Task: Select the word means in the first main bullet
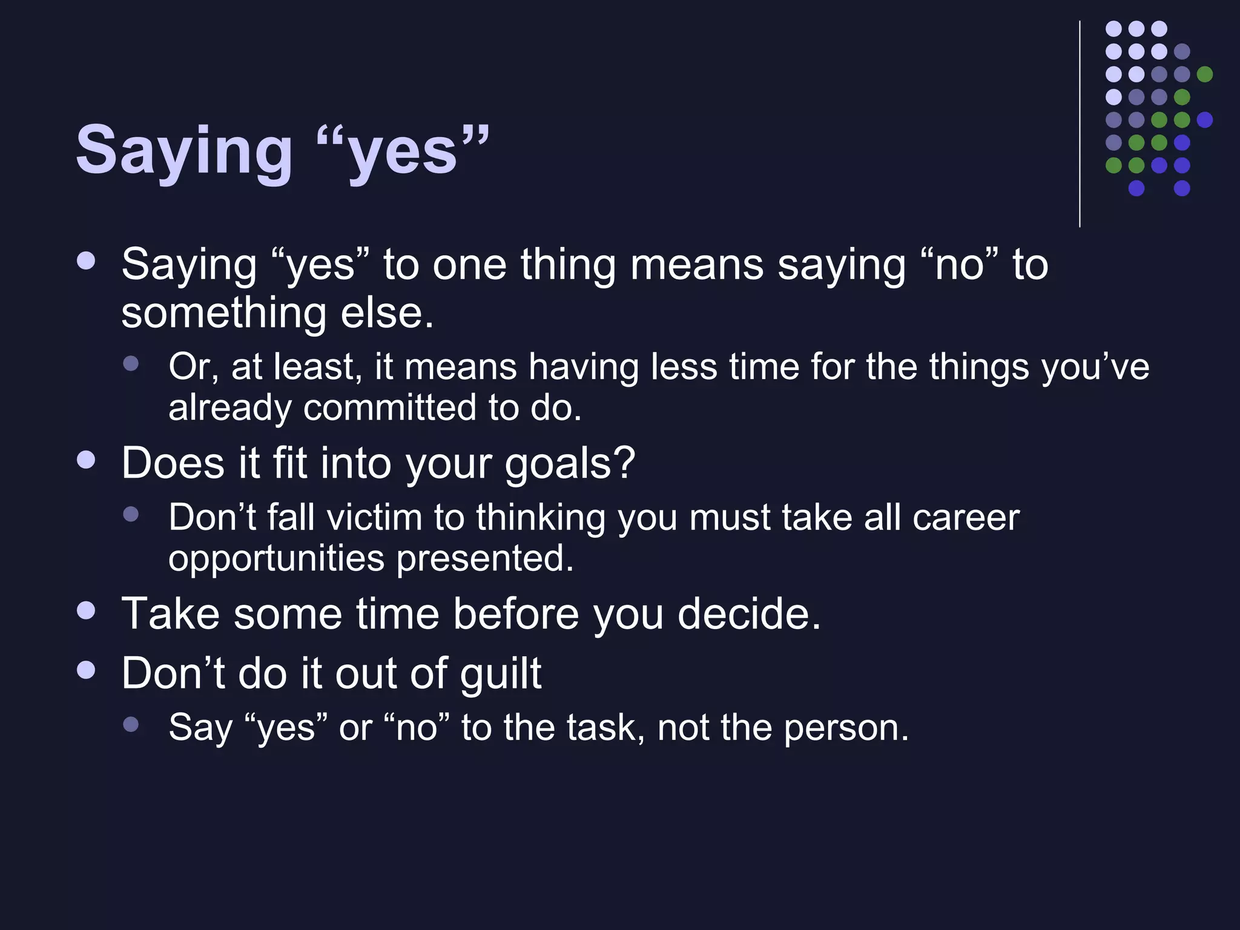point(696,266)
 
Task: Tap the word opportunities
point(276,559)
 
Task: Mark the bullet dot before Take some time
point(87,610)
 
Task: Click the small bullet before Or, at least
point(131,364)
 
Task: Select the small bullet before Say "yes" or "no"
point(131,724)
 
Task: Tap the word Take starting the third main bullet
point(170,614)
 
